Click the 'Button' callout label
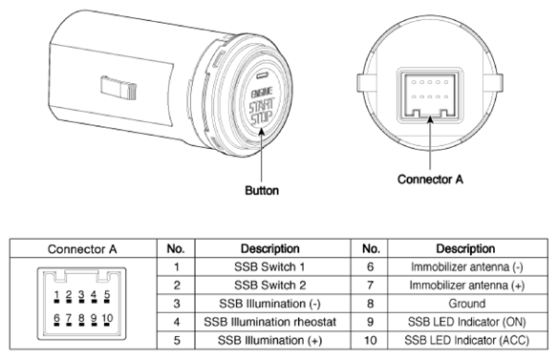pyautogui.click(x=262, y=190)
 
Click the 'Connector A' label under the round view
pyautogui.click(x=430, y=179)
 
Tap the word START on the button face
pyautogui.click(x=262, y=106)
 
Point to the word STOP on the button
pyautogui.click(x=261, y=118)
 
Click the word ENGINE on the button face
pyautogui.click(x=262, y=93)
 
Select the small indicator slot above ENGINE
pyautogui.click(x=263, y=75)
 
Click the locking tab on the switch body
pyautogui.click(x=118, y=88)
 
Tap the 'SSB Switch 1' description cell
pyautogui.click(x=269, y=266)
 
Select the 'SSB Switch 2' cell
pyautogui.click(x=269, y=286)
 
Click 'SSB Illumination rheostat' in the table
pyautogui.click(x=269, y=322)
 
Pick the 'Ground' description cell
pyautogui.click(x=467, y=304)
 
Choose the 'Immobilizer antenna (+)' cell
pyautogui.click(x=467, y=286)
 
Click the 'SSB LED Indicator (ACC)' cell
pyautogui.click(x=467, y=341)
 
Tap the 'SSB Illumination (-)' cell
pyautogui.click(x=269, y=304)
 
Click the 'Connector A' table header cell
pyautogui.click(x=82, y=249)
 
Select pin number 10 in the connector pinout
pyautogui.click(x=107, y=318)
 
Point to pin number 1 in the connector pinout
pyautogui.click(x=56, y=294)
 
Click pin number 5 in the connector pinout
pyautogui.click(x=107, y=294)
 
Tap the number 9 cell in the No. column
pyautogui.click(x=370, y=322)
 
